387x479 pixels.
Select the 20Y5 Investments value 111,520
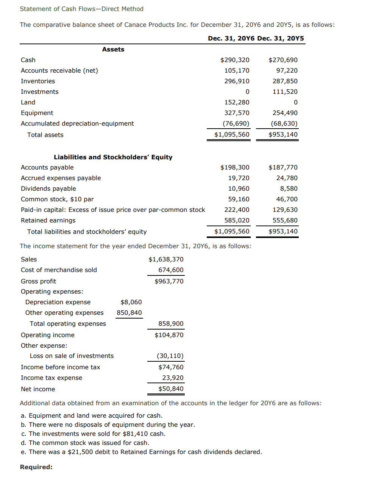pos(285,92)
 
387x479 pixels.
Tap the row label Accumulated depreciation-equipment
pos(77,123)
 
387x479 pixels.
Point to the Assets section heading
pos(113,49)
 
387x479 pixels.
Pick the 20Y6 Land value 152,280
pos(237,102)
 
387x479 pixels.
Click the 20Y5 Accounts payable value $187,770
pos(283,167)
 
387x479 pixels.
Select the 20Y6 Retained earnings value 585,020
pos(237,220)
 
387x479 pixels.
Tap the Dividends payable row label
pos(48,188)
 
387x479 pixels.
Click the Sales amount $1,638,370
pos(166,259)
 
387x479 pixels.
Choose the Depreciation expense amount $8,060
pos(131,302)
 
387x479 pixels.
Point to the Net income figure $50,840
pos(171,389)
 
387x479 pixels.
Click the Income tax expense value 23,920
pos(173,378)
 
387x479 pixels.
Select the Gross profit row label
pos(38,281)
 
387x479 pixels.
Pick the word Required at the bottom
pos(36,467)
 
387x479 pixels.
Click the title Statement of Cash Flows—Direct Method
pos(81,9)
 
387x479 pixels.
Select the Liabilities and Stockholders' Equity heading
pos(113,157)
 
